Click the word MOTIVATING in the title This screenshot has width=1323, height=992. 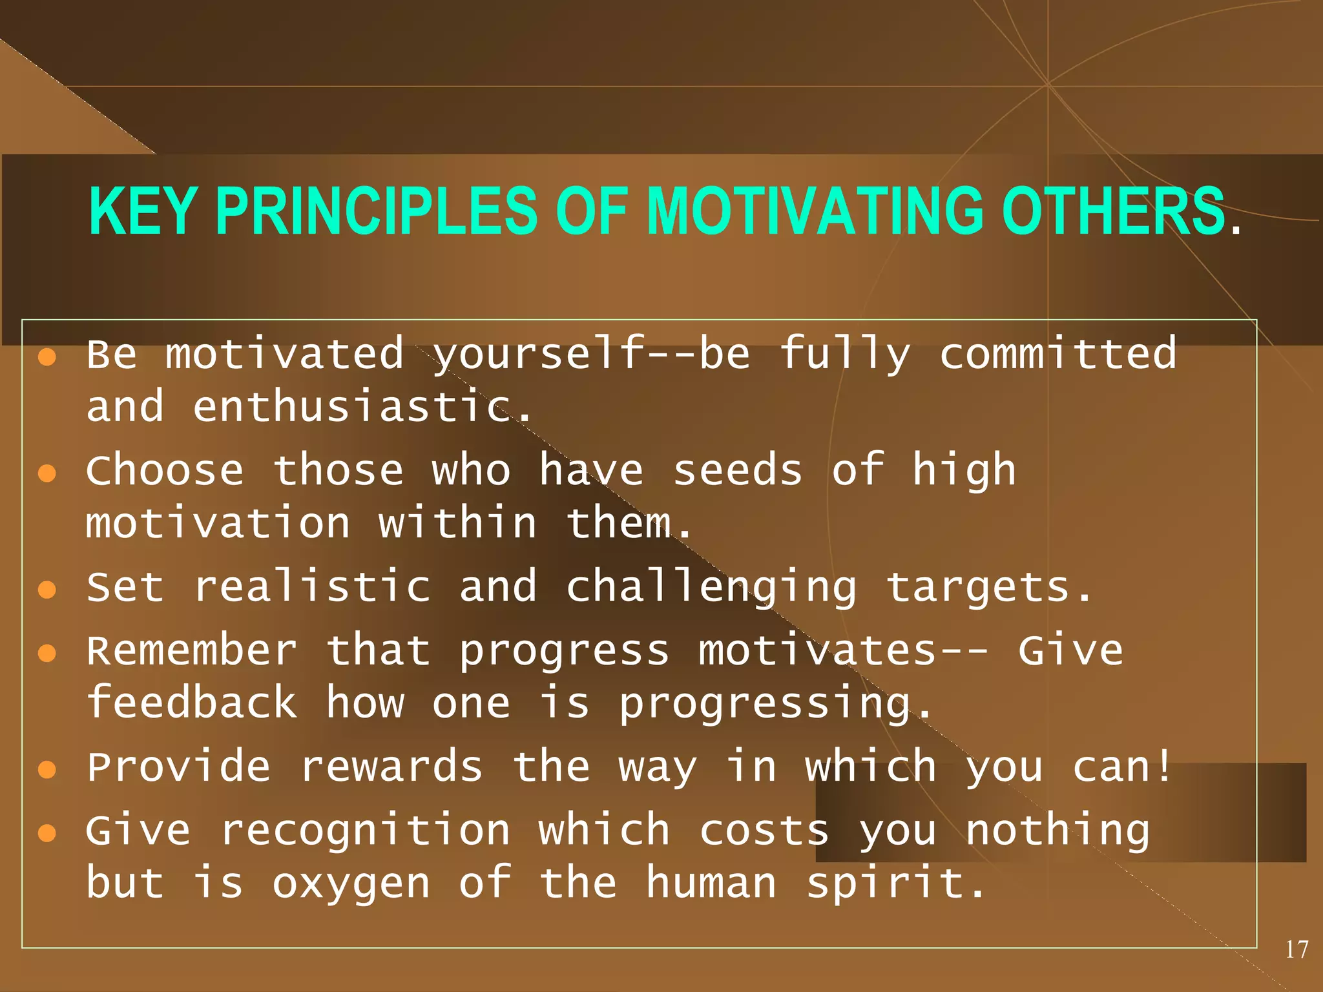(815, 211)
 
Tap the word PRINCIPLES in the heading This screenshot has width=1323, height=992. (376, 211)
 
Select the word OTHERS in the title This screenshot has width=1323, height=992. (1113, 211)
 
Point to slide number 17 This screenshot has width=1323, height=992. (1296, 949)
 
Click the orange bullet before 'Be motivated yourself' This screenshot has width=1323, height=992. (47, 357)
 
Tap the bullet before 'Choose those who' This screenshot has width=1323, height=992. (47, 473)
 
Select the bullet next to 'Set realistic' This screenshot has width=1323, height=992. (47, 590)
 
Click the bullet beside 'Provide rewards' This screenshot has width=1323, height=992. (47, 769)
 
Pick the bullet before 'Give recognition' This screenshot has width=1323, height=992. (47, 833)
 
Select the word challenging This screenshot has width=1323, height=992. (711, 588)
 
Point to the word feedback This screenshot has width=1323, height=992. (192, 703)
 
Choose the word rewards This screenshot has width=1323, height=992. (391, 767)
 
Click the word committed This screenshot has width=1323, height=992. (1057, 354)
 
